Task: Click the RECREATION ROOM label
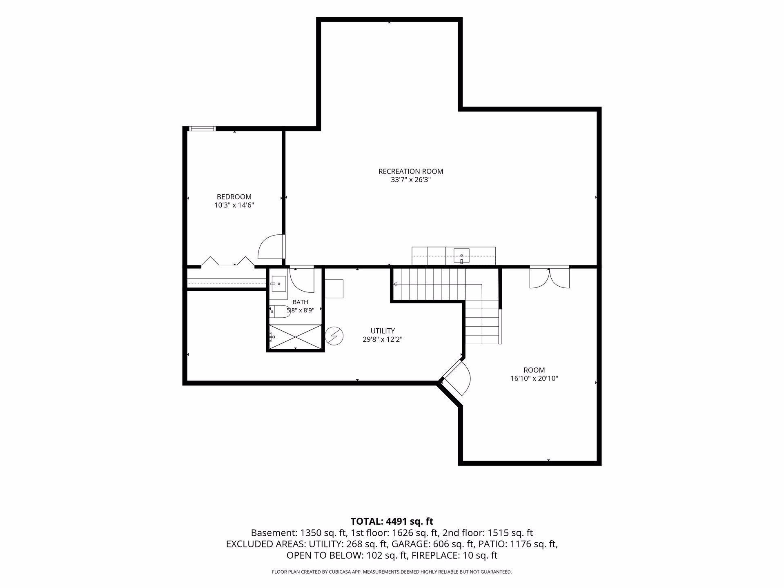coord(411,171)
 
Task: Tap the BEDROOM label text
coord(234,197)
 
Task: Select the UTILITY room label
coord(383,331)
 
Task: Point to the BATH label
coord(300,302)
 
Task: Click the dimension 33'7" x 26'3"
coord(411,180)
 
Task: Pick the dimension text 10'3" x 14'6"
coord(234,205)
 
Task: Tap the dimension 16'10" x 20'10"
coord(534,379)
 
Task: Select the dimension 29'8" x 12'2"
coord(383,339)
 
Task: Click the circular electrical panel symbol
coord(334,336)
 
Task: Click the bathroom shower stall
coord(295,337)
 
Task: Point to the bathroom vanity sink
coord(278,283)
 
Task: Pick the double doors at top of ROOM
coord(549,278)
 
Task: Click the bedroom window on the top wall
coord(202,129)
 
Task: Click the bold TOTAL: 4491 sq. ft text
coord(392,521)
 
